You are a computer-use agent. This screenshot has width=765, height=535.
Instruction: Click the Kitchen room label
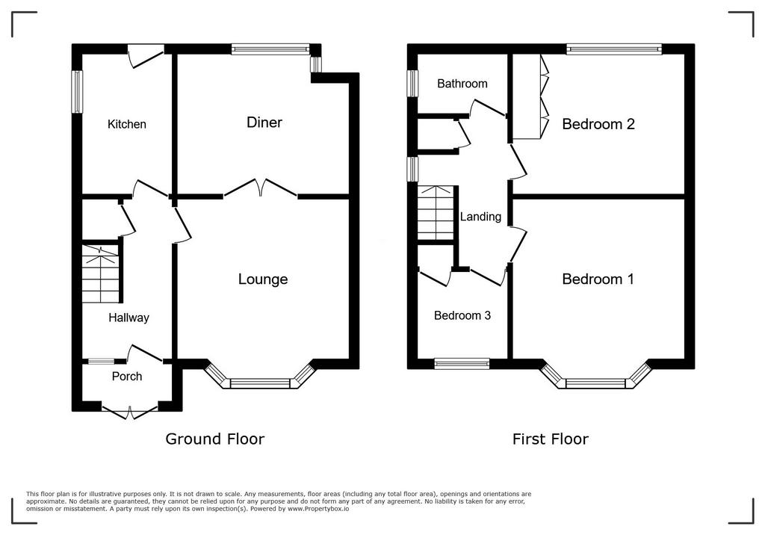click(127, 124)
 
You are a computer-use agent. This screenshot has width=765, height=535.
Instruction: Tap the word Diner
click(264, 122)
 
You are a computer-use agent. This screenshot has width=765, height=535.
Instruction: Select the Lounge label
click(263, 279)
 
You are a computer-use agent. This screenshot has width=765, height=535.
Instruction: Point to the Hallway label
click(128, 318)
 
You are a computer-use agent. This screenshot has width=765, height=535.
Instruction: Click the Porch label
click(127, 377)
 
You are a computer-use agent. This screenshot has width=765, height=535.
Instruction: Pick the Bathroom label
click(462, 84)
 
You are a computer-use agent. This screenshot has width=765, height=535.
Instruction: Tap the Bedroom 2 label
click(598, 124)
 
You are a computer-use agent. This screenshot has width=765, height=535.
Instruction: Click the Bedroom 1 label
click(598, 279)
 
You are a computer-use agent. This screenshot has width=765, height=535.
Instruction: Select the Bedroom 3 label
click(462, 315)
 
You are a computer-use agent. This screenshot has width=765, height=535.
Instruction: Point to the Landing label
click(480, 216)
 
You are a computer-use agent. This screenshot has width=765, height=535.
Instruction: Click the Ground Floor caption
click(214, 439)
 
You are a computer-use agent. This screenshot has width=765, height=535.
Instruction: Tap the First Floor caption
click(551, 439)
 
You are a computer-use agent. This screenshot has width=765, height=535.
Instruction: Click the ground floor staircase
click(101, 273)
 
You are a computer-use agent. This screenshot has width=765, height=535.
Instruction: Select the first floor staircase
click(436, 213)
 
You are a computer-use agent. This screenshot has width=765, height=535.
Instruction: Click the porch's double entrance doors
click(130, 412)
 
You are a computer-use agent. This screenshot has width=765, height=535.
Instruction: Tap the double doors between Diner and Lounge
click(261, 189)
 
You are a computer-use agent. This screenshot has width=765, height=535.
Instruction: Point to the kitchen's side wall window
click(77, 92)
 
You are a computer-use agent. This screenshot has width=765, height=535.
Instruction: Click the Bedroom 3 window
click(462, 363)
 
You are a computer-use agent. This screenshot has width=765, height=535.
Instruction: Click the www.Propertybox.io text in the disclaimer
click(318, 509)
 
